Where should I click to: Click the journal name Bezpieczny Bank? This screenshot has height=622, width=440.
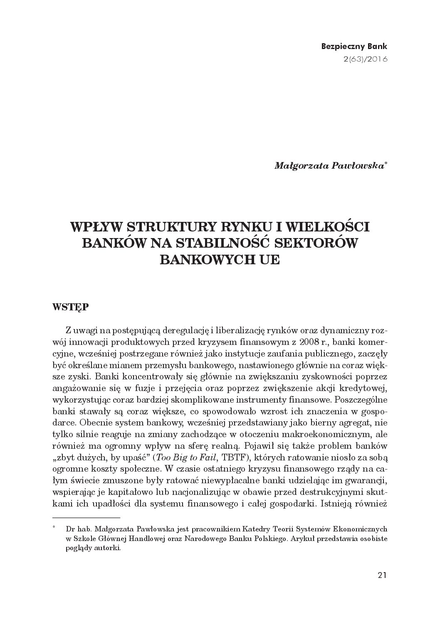point(354,46)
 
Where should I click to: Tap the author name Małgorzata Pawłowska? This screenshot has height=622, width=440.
point(330,165)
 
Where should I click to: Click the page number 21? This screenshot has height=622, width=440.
point(382,575)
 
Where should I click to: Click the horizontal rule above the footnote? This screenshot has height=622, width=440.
point(87,518)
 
